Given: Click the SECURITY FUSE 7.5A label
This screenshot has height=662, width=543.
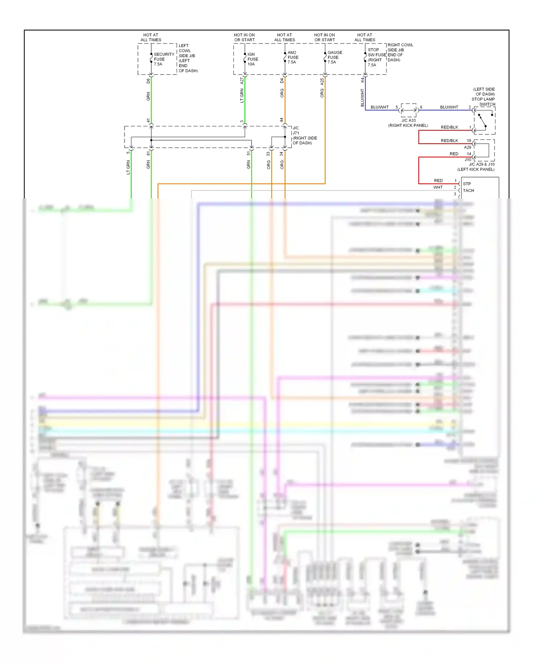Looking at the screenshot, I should tap(163, 59).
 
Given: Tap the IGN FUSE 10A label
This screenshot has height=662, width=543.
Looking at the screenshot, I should tap(252, 59).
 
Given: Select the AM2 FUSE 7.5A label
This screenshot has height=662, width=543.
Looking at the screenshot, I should tap(292, 57).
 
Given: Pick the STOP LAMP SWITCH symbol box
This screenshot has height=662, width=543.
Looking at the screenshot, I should tap(484, 121).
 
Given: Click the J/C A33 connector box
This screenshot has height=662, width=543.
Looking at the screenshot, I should tap(409, 110).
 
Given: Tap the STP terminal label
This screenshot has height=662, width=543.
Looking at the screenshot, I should tap(467, 184).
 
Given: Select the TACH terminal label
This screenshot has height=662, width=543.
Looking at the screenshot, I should tap(468, 190).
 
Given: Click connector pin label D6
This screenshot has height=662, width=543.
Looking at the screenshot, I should tap(148, 81).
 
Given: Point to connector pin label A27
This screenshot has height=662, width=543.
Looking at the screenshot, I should tap(242, 81).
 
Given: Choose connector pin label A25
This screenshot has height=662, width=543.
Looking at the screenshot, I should tap(322, 82).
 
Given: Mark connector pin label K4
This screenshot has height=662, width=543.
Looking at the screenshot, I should tap(362, 80).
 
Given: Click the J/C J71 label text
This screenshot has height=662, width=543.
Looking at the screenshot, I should tap(296, 130).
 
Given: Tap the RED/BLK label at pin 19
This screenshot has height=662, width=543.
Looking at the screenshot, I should tap(449, 141).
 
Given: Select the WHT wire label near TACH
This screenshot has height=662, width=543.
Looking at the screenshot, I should tap(438, 188).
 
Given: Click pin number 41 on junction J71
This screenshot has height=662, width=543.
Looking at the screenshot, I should tap(148, 121).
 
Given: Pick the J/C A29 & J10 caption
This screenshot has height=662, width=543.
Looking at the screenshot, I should tap(481, 164).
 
